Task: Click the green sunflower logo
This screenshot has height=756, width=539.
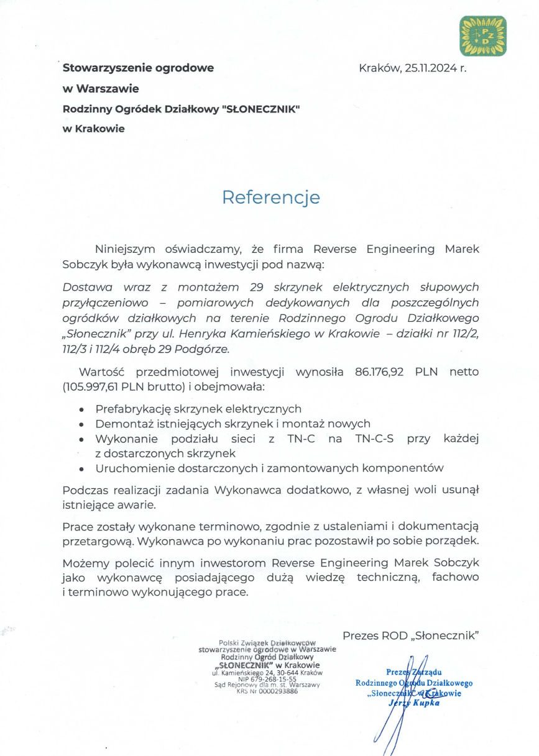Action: click(x=482, y=36)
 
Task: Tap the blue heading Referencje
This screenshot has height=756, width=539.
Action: click(x=271, y=198)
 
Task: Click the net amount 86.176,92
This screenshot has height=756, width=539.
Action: click(x=382, y=373)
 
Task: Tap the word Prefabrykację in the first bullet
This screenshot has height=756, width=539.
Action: click(x=133, y=409)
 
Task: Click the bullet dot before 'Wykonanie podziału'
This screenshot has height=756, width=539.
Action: click(x=82, y=439)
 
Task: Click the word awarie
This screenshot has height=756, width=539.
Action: click(x=132, y=504)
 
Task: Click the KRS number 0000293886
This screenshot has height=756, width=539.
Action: click(x=276, y=690)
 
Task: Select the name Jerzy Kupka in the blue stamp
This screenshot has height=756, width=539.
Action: click(x=413, y=703)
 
